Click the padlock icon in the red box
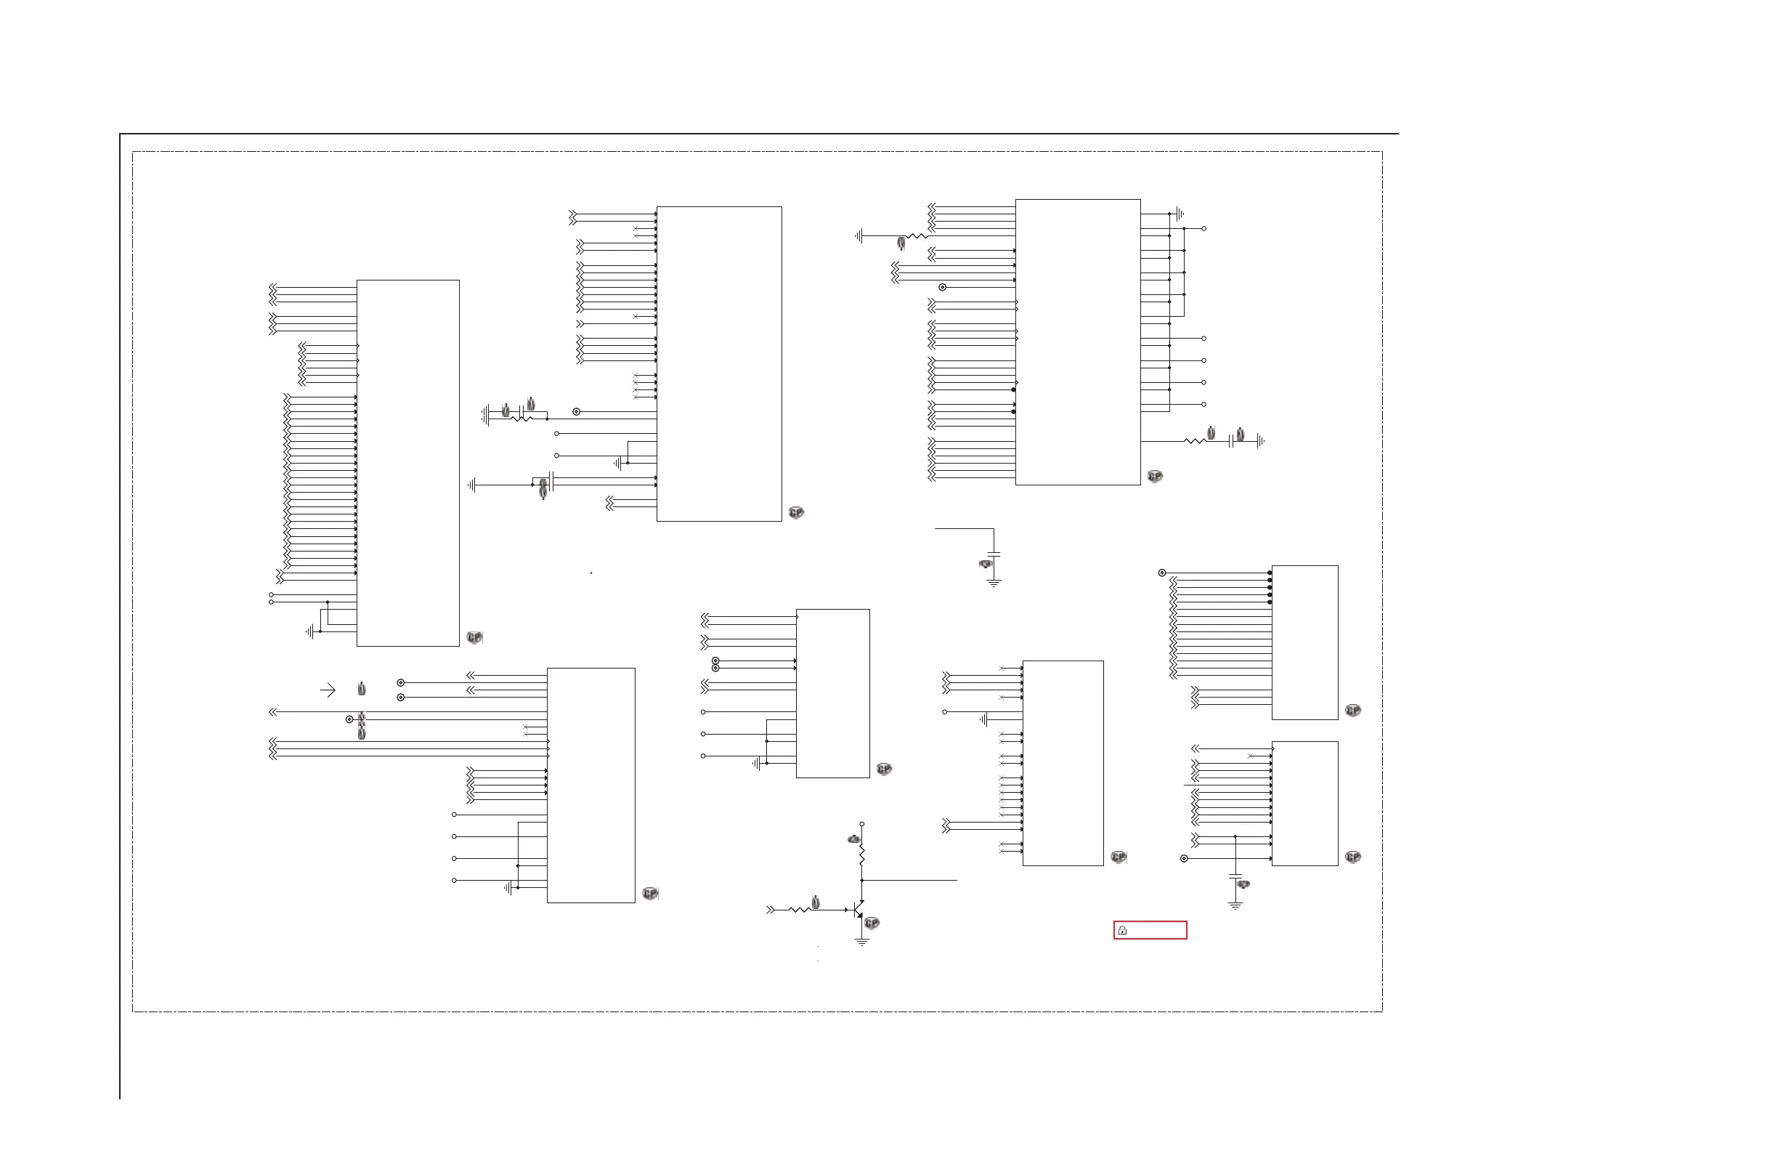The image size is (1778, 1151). [1122, 931]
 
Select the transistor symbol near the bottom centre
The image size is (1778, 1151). [858, 910]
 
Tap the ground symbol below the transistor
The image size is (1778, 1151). [861, 942]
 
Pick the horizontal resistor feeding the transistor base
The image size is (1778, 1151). [799, 910]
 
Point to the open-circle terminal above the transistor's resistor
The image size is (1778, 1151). [861, 823]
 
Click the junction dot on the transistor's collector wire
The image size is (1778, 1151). [861, 881]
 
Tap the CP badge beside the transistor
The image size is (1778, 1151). [872, 924]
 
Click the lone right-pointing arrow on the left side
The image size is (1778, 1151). [328, 690]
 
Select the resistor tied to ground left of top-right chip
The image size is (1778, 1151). [915, 236]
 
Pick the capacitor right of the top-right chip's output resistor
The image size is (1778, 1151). [1230, 441]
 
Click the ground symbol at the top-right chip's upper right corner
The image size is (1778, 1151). [1180, 214]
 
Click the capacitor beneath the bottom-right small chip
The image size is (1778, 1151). [1235, 877]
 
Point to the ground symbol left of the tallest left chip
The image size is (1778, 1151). [310, 631]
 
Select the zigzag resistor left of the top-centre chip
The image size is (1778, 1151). [521, 419]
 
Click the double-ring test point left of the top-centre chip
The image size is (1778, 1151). [576, 412]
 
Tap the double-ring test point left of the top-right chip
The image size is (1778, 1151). [942, 287]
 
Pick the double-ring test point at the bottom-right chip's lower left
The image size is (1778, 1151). [1183, 859]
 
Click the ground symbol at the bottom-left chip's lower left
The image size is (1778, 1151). [508, 888]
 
